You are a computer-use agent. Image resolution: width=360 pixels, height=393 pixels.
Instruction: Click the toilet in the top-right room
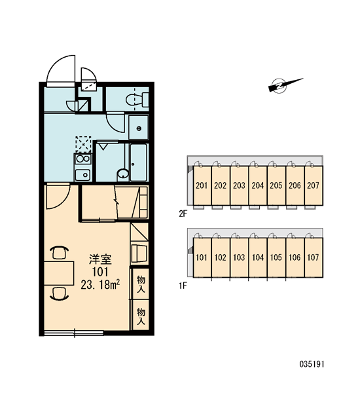tap(137, 100)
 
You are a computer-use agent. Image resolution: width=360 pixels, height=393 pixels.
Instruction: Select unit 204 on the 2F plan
tap(257, 185)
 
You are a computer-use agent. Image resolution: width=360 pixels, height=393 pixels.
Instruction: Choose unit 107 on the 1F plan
tap(314, 257)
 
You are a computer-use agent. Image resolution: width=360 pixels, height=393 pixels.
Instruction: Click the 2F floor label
tap(183, 214)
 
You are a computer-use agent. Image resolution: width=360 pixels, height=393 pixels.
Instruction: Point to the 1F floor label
tap(183, 286)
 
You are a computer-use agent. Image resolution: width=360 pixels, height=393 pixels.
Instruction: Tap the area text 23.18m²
tap(100, 284)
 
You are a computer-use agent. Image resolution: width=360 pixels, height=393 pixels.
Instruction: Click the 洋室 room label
tap(100, 259)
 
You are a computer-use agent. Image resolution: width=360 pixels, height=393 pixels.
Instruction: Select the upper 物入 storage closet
tap(141, 284)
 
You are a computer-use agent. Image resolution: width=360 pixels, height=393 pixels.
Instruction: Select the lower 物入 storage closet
tap(141, 316)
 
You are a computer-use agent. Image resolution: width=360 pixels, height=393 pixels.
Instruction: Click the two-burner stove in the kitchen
tap(83, 159)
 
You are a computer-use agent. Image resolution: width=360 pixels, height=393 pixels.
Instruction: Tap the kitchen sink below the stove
tap(82, 175)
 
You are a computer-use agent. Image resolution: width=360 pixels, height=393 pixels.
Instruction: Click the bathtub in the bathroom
tap(139, 162)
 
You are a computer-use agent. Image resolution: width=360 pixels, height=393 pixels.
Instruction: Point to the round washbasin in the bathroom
tap(123, 173)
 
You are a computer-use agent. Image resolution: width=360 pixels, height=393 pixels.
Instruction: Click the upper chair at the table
tap(59, 252)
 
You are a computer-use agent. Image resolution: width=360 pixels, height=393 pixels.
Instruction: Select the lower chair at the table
tap(59, 293)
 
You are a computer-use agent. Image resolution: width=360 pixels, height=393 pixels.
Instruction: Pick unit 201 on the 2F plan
tap(202, 185)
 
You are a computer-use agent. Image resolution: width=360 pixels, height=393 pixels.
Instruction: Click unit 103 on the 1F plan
tap(239, 257)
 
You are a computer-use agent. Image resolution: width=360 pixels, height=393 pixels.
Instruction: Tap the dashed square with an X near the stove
tap(83, 144)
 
